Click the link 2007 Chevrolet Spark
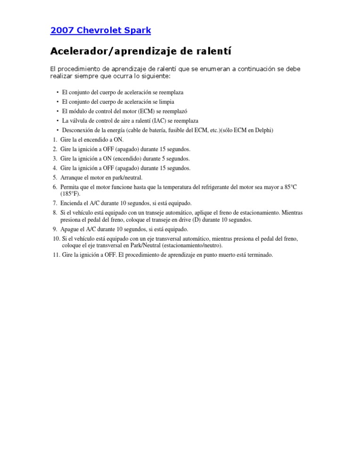click(100, 31)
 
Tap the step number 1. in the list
click(55, 140)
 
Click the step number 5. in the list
click(55, 177)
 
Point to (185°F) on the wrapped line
click(70, 193)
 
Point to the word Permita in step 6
click(70, 187)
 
